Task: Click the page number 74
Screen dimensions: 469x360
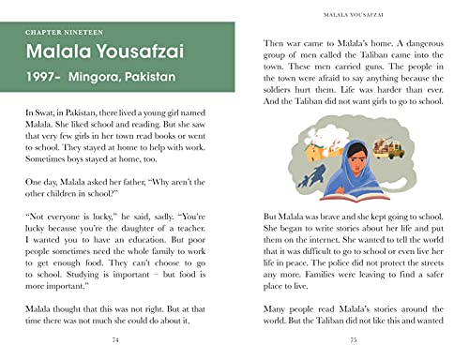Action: coord(114,339)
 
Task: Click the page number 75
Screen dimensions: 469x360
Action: coord(354,339)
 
